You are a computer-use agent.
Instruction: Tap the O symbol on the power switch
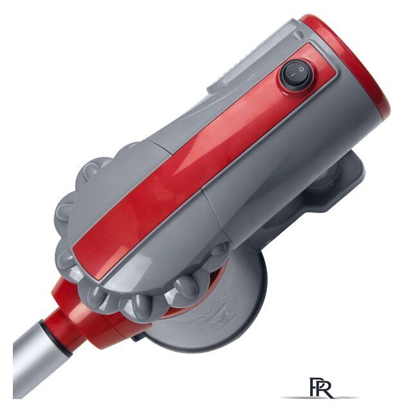pos(301,70)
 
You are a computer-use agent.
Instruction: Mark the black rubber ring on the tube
pos(56,339)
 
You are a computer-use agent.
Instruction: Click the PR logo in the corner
pos(321,388)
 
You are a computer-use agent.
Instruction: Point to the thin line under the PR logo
pos(320,398)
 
